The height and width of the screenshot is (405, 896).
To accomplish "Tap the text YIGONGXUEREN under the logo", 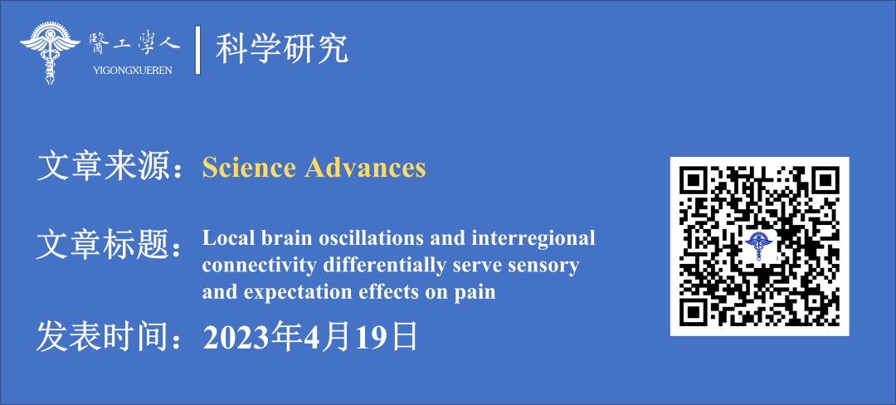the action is [132, 71].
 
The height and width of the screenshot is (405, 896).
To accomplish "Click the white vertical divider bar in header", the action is [197, 51].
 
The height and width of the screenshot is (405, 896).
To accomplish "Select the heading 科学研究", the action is [282, 49].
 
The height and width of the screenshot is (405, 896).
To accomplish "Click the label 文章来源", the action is [105, 168].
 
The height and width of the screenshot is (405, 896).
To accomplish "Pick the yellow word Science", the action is [249, 168].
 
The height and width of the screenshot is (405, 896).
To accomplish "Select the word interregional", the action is [533, 237].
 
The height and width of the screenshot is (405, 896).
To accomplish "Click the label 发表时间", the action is [105, 337].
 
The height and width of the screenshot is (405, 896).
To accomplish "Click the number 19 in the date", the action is [367, 339].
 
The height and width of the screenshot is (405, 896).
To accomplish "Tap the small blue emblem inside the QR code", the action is [759, 246].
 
